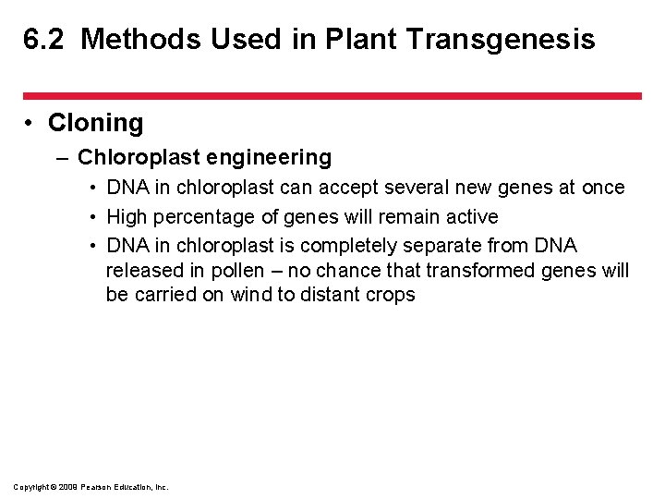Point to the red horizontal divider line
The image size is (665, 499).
click(x=332, y=95)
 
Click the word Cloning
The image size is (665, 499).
click(x=95, y=123)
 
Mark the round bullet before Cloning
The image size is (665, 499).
click(x=30, y=124)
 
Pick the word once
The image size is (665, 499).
click(x=603, y=188)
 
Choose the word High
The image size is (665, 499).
click(x=127, y=217)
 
